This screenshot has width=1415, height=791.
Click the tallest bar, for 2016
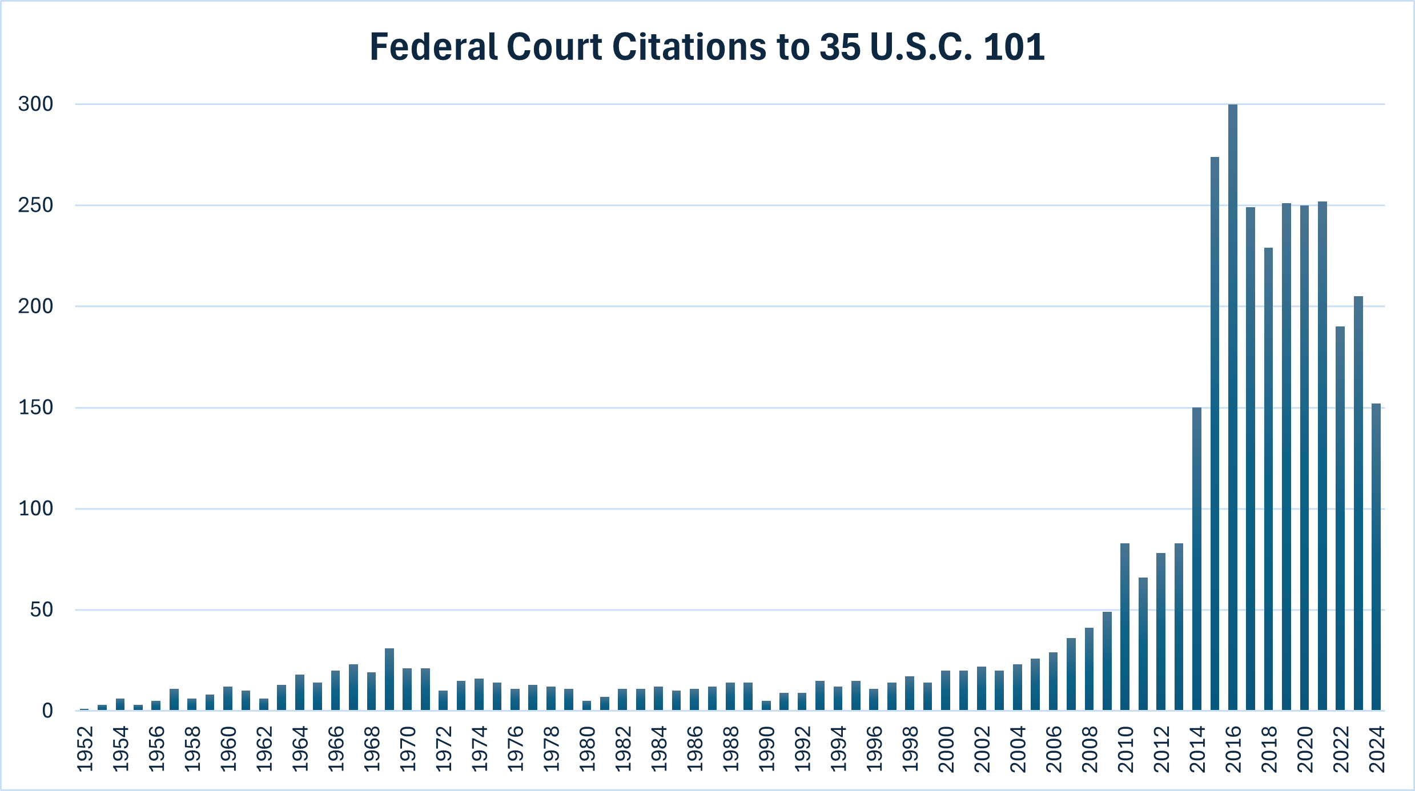tap(1232, 407)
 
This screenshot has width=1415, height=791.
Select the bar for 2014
tap(1196, 559)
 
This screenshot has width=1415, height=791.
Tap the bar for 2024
tap(1376, 557)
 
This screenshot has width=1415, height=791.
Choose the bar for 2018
tap(1268, 479)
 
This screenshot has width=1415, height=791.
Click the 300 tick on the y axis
tap(35, 104)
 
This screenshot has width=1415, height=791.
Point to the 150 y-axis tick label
tap(35, 407)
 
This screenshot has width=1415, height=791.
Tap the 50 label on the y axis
tap(41, 610)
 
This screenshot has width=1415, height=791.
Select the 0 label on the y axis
tap(47, 711)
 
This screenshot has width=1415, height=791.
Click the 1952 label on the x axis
tap(85, 749)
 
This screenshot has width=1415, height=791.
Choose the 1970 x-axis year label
tap(408, 749)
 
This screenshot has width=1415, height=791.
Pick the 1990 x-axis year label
tap(766, 749)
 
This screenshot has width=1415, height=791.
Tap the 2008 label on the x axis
tap(1090, 749)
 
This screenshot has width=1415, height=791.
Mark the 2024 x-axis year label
tap(1377, 749)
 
